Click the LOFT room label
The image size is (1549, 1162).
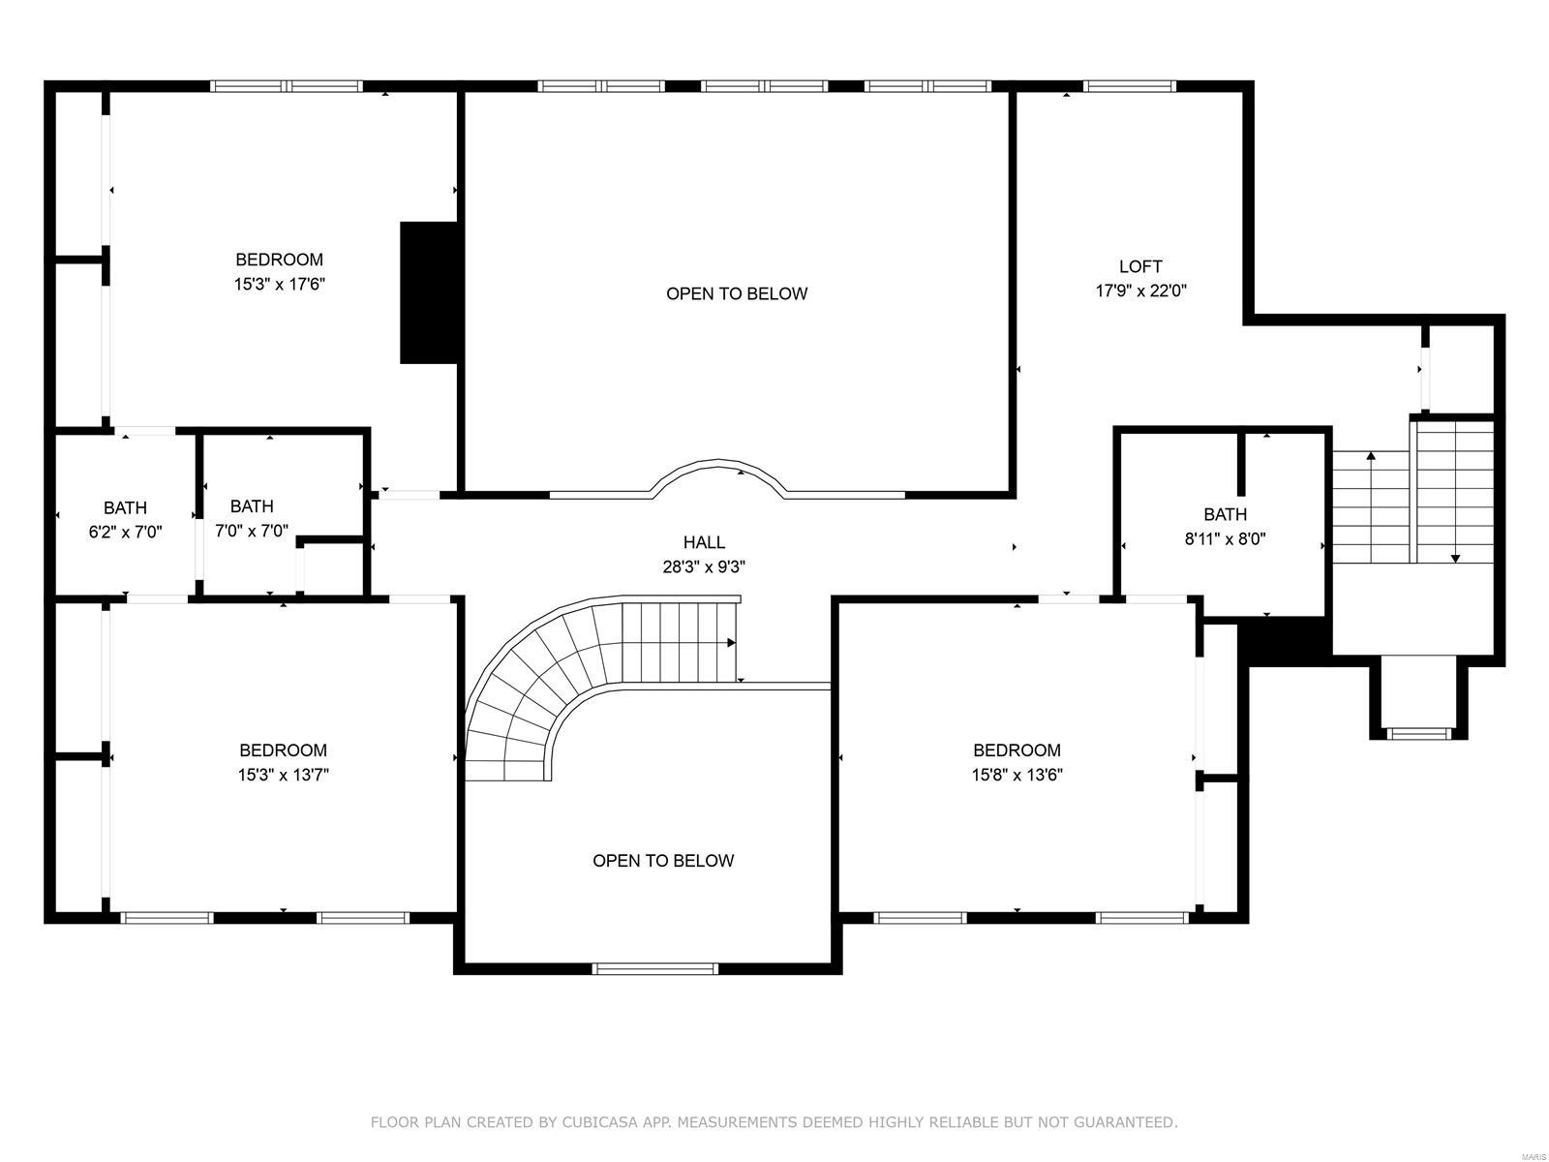pos(1140,266)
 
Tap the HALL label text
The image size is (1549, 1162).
pos(704,542)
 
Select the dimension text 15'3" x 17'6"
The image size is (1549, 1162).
pos(279,285)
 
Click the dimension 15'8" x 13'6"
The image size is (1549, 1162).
pos(1017,775)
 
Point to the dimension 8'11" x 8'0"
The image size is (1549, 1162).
pos(1225,539)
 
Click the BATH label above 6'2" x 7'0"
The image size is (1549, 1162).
pos(126,507)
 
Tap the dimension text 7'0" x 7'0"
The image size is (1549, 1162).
pos(252,531)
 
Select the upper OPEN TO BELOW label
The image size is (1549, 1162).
pos(736,293)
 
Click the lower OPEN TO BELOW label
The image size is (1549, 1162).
pos(663,861)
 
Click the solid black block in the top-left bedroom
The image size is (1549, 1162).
pos(429,292)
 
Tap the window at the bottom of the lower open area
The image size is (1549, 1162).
pos(655,967)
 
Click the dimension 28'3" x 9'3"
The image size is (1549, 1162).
pos(704,567)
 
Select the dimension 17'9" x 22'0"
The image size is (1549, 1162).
pos(1140,290)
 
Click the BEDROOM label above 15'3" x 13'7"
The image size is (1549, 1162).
pos(283,750)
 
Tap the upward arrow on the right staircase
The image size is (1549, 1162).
pos(1370,456)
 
